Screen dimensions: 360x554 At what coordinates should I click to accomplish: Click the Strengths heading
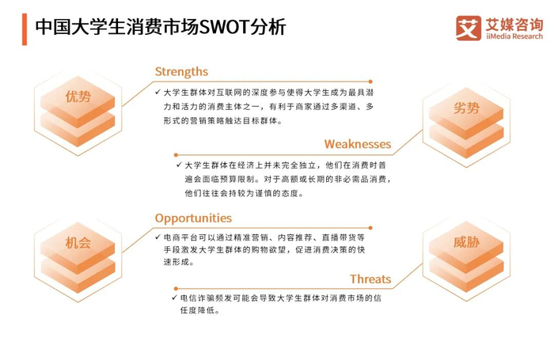coord(181,72)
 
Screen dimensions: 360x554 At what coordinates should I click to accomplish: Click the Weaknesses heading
coord(357,144)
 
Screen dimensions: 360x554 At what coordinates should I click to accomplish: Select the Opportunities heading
coord(193,218)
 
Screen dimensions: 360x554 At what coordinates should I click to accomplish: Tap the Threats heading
coord(370,279)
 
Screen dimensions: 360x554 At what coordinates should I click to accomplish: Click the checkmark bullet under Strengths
coord(158,93)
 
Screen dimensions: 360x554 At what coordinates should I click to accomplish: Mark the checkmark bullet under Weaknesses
coord(178,165)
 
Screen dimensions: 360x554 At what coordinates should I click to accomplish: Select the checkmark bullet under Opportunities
coord(158,237)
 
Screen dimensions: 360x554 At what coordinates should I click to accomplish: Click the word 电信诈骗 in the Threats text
coord(197,298)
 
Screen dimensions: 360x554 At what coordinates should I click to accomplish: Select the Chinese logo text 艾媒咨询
coord(513,21)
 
